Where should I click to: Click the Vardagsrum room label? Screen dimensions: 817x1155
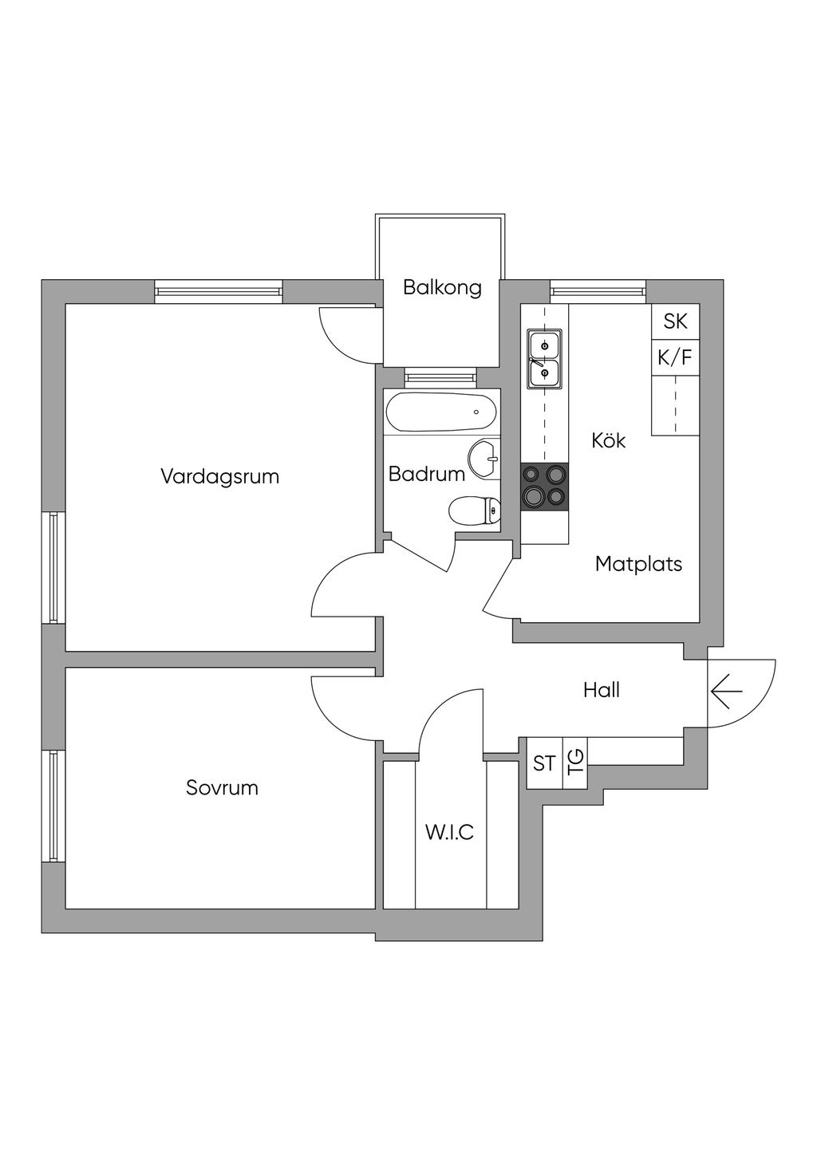click(219, 476)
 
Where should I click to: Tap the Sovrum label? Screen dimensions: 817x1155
click(222, 788)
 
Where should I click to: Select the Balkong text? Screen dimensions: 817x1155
click(442, 288)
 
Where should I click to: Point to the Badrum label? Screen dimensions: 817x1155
click(427, 474)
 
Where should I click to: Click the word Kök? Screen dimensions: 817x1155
click(608, 440)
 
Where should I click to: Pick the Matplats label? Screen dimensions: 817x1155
click(638, 564)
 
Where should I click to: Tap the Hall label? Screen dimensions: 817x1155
click(602, 690)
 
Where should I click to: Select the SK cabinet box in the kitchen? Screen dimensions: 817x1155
click(675, 321)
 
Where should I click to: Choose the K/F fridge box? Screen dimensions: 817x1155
click(675, 357)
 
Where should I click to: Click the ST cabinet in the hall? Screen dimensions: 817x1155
click(544, 763)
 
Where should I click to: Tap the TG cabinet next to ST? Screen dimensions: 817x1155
click(575, 763)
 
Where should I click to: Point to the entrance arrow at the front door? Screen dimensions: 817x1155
click(726, 691)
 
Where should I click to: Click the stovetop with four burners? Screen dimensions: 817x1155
click(544, 487)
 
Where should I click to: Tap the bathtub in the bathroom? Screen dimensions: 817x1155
click(441, 412)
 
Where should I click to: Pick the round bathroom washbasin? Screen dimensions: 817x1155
click(484, 459)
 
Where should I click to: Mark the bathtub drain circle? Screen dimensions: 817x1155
click(476, 412)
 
